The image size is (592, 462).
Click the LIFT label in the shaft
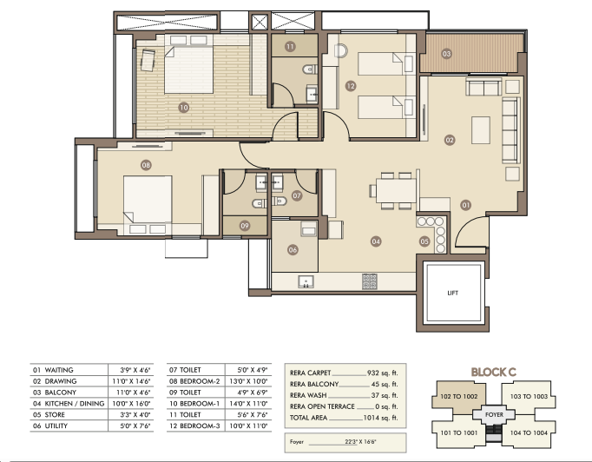click(453, 293)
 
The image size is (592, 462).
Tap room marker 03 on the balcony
click(447, 54)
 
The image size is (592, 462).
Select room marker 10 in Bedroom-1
click(184, 108)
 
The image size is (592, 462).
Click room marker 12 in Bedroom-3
click(351, 86)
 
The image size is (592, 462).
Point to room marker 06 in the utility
click(293, 249)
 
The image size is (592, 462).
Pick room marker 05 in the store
click(424, 241)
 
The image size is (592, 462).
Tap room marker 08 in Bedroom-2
click(146, 165)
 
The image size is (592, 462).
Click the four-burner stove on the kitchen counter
click(370, 281)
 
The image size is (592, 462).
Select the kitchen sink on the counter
click(306, 281)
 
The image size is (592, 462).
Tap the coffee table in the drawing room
click(481, 130)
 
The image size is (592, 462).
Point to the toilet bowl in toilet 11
click(311, 69)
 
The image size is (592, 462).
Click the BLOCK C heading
click(493, 373)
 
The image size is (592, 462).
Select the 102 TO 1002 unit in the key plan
click(458, 396)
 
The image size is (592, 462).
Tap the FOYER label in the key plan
click(494, 414)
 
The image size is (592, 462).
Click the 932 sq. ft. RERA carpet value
click(383, 373)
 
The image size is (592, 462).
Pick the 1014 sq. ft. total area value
click(380, 418)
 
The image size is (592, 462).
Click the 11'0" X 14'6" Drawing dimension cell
click(131, 381)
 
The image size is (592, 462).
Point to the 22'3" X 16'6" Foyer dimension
click(360, 442)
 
